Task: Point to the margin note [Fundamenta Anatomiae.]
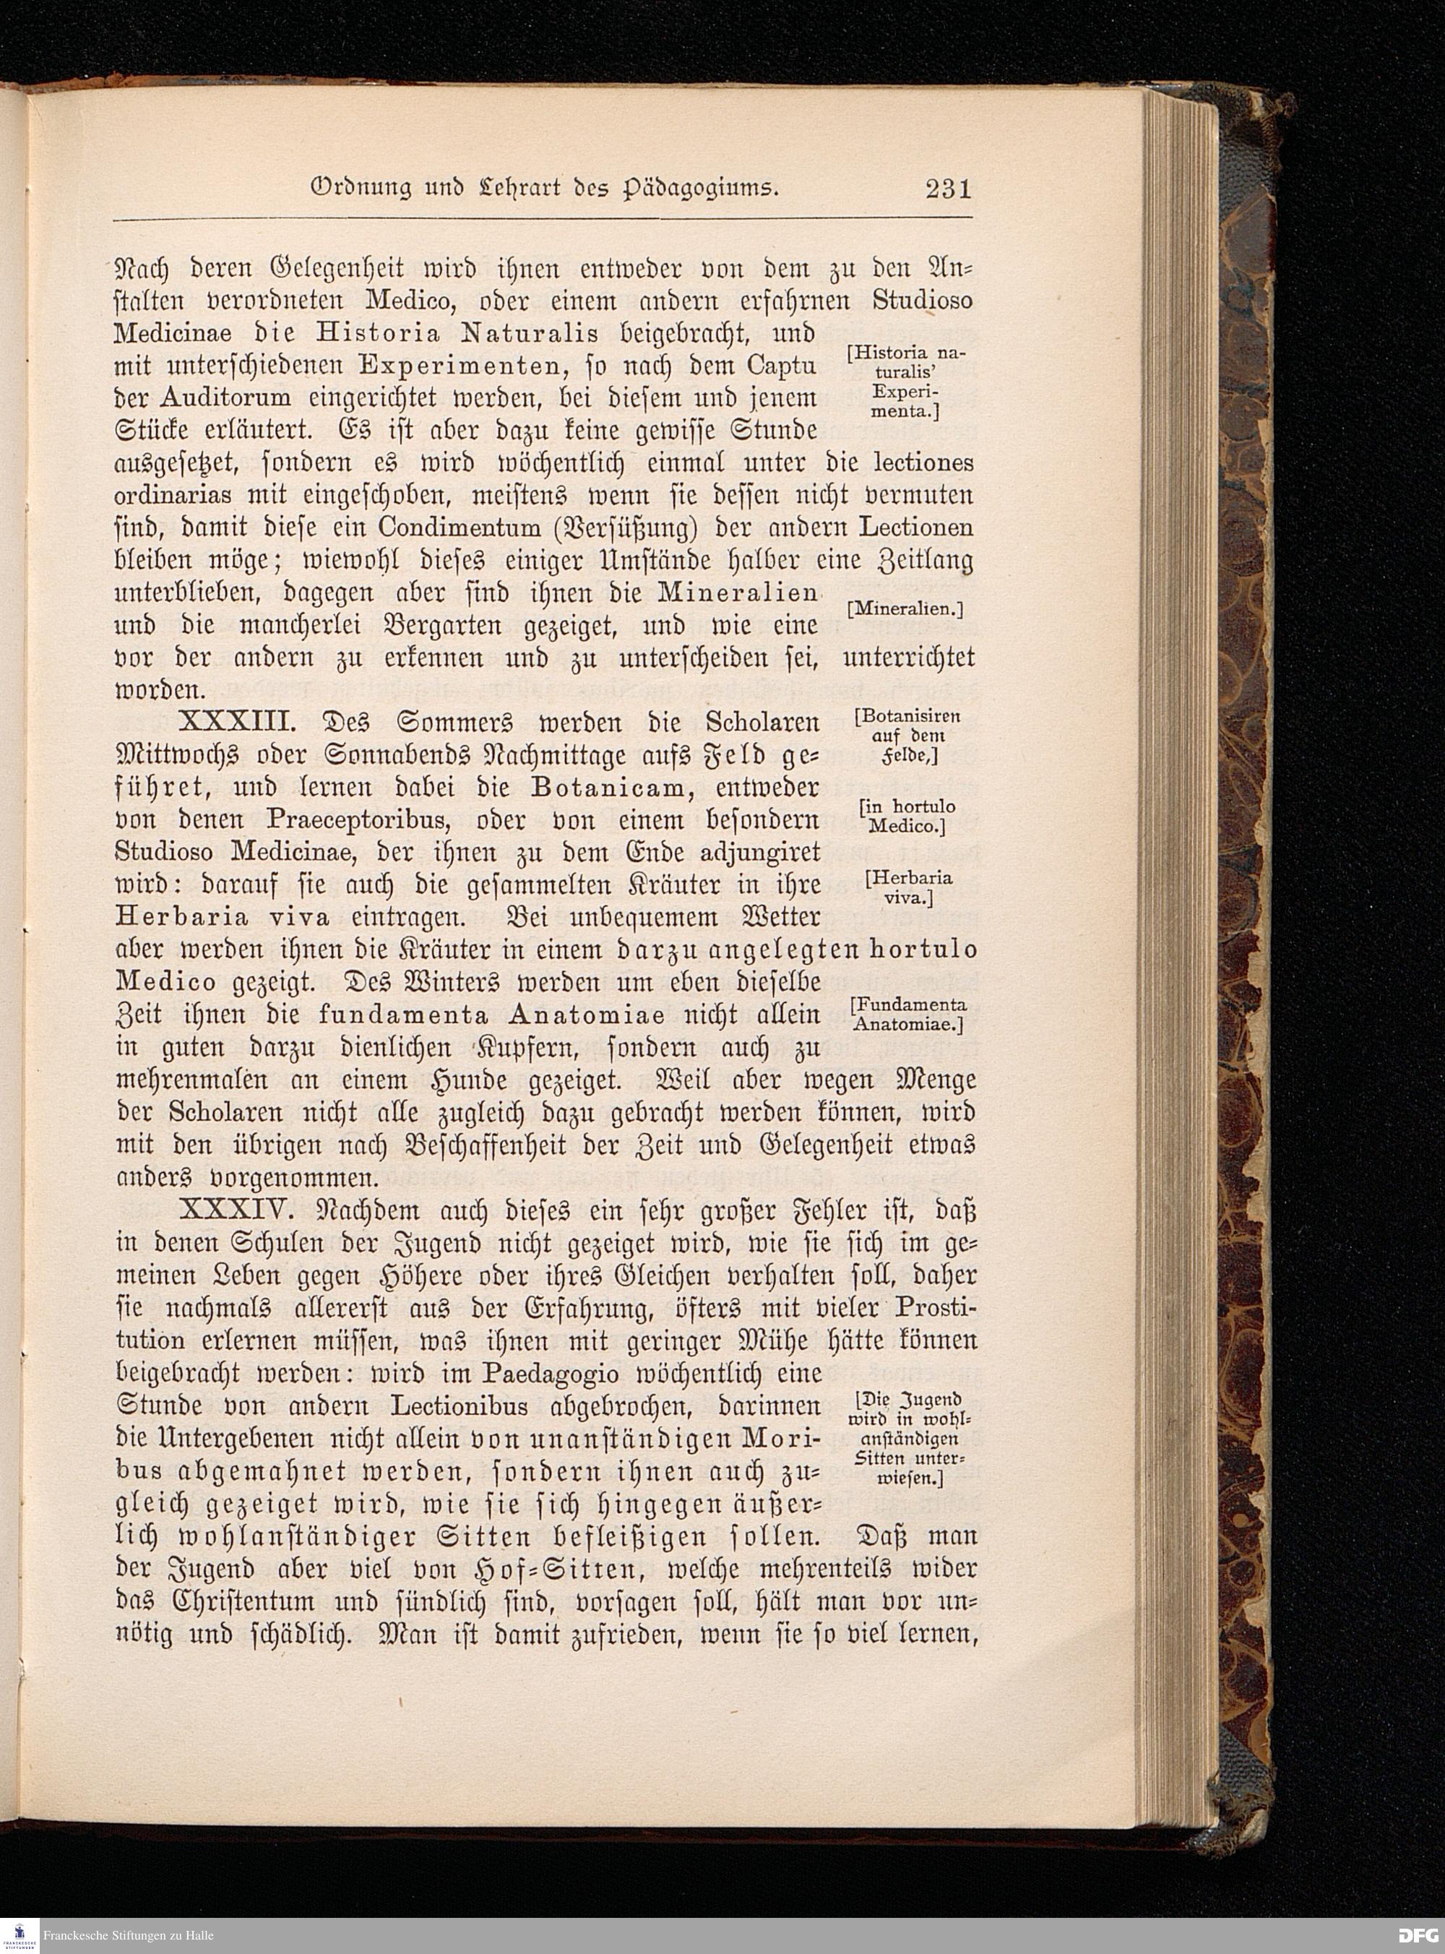coord(909,1015)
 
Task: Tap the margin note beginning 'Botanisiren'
coord(907,736)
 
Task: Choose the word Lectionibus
coord(460,1406)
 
